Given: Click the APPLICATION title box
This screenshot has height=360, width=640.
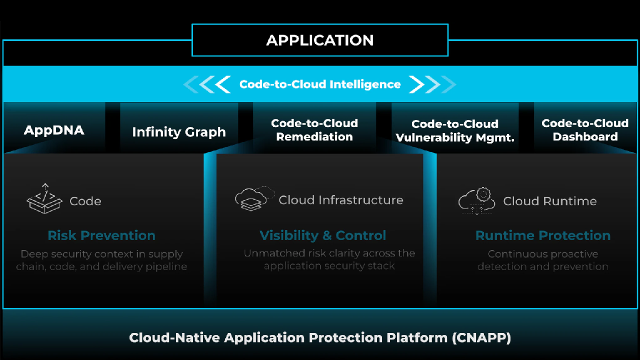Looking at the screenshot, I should tap(320, 40).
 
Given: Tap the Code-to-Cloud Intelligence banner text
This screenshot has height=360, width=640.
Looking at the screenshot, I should tap(320, 84).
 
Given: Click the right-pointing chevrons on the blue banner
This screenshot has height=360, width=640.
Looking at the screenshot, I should tap(432, 84).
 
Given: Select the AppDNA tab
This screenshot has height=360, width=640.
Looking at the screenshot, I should tap(54, 130).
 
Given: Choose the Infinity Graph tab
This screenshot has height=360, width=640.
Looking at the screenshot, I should tap(179, 132).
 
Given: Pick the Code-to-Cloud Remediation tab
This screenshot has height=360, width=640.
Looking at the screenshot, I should tap(314, 130).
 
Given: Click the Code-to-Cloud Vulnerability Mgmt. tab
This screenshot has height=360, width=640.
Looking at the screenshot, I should tap(455, 131).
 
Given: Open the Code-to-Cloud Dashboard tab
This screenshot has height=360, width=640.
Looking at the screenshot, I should tap(585, 130).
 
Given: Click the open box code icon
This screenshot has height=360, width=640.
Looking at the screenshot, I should tap(44, 199).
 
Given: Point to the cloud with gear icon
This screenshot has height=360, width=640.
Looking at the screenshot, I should tap(477, 201).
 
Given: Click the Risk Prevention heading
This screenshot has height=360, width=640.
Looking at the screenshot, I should tap(101, 235).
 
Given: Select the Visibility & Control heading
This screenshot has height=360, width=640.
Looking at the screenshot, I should tap(323, 235).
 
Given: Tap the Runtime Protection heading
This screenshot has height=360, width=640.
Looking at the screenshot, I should tap(543, 235).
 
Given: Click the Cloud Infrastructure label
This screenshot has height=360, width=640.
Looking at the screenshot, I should tap(341, 200).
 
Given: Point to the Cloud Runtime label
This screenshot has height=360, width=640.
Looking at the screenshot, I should tap(550, 201).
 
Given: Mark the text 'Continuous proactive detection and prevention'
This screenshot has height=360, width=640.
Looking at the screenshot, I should tap(543, 260).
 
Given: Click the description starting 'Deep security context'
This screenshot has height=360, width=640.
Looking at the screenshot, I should tap(101, 260).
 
